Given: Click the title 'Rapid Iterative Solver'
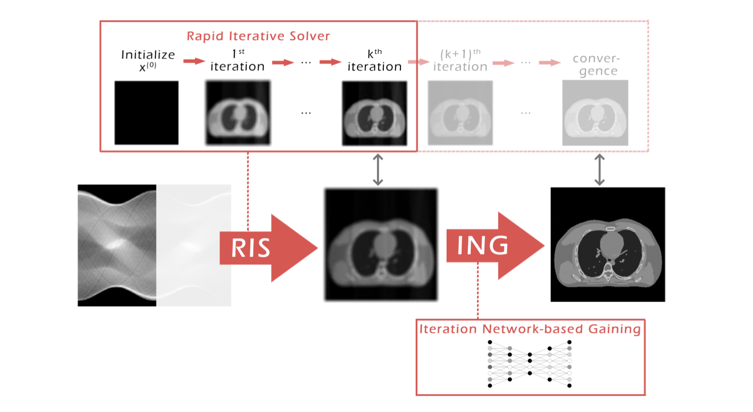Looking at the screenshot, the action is [258, 36].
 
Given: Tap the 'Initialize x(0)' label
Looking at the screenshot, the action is [148, 60].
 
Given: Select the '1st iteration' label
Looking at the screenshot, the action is [238, 60].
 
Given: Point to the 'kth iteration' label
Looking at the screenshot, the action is [374, 60].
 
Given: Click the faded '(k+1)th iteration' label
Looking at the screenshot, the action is [460, 60].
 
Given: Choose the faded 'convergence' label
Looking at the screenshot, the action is [596, 65].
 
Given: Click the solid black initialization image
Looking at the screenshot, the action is [147, 113].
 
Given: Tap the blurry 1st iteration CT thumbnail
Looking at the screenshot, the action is [238, 113].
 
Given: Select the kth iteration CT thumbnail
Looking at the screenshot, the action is [374, 113].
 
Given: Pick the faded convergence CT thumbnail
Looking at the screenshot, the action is [595, 113].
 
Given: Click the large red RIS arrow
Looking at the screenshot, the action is [269, 248].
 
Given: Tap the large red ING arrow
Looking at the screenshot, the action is [495, 246].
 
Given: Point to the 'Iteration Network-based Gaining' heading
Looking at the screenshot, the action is [530, 329].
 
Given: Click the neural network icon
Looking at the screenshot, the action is [530, 363].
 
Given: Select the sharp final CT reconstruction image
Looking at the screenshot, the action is [608, 244].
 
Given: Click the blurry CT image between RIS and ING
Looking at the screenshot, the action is [381, 244].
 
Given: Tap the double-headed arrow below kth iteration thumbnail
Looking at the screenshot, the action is [378, 169].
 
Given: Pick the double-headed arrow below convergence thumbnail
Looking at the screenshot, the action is [599, 169].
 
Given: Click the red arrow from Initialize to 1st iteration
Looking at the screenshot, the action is [194, 61].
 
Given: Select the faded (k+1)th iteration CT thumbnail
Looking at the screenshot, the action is [460, 113].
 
